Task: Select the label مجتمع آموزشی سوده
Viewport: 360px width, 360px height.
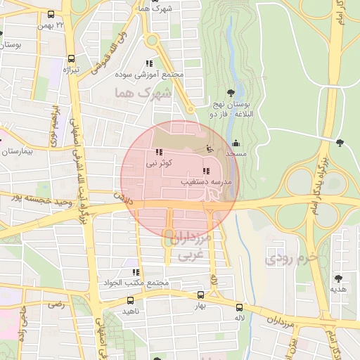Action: tap(158, 74)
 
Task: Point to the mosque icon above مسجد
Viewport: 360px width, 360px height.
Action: tap(235, 143)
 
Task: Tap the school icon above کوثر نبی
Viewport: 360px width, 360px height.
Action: tap(158, 152)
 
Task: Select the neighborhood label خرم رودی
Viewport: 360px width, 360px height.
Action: tap(292, 259)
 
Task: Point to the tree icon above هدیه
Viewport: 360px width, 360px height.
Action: tap(339, 278)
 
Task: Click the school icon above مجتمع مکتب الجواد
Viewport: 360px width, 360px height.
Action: tap(135, 272)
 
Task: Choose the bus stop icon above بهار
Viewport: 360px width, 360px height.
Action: tap(200, 296)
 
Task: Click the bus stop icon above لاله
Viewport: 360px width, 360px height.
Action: tap(240, 307)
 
